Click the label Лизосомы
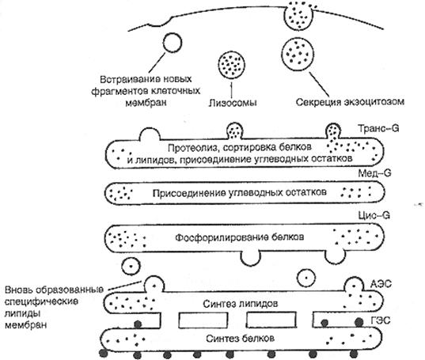233,103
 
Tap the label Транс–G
378,128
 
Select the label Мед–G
374,172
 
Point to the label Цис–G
374,215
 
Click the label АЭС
381,284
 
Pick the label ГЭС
381,320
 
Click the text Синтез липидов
241,304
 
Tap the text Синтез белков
240,339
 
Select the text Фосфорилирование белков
239,237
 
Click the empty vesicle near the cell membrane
173,42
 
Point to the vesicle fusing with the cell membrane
298,16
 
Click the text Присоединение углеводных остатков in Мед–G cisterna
239,193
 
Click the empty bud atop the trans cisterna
150,134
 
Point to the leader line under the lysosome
232,90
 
